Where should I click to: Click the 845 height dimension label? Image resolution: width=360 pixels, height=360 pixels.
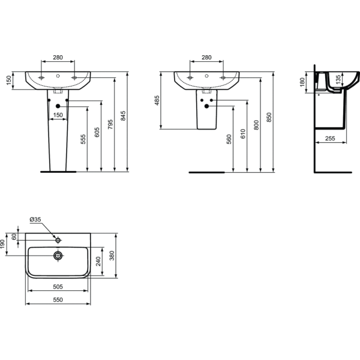coord(123,116)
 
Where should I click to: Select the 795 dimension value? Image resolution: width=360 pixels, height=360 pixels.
coord(110,124)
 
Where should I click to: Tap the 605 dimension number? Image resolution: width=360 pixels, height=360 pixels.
coord(97,132)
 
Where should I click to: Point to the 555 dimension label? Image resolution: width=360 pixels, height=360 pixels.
coord(83,139)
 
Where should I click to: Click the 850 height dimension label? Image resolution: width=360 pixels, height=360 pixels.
coord(269,117)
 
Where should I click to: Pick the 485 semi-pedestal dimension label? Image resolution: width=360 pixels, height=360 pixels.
coord(157,100)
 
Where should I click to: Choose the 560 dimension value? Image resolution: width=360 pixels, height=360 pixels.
coord(229,139)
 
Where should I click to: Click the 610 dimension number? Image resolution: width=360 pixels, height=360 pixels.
coord(243,134)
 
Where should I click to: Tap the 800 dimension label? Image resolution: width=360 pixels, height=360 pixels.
coord(256,125)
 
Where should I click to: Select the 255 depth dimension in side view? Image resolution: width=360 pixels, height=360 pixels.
coord(330,138)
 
